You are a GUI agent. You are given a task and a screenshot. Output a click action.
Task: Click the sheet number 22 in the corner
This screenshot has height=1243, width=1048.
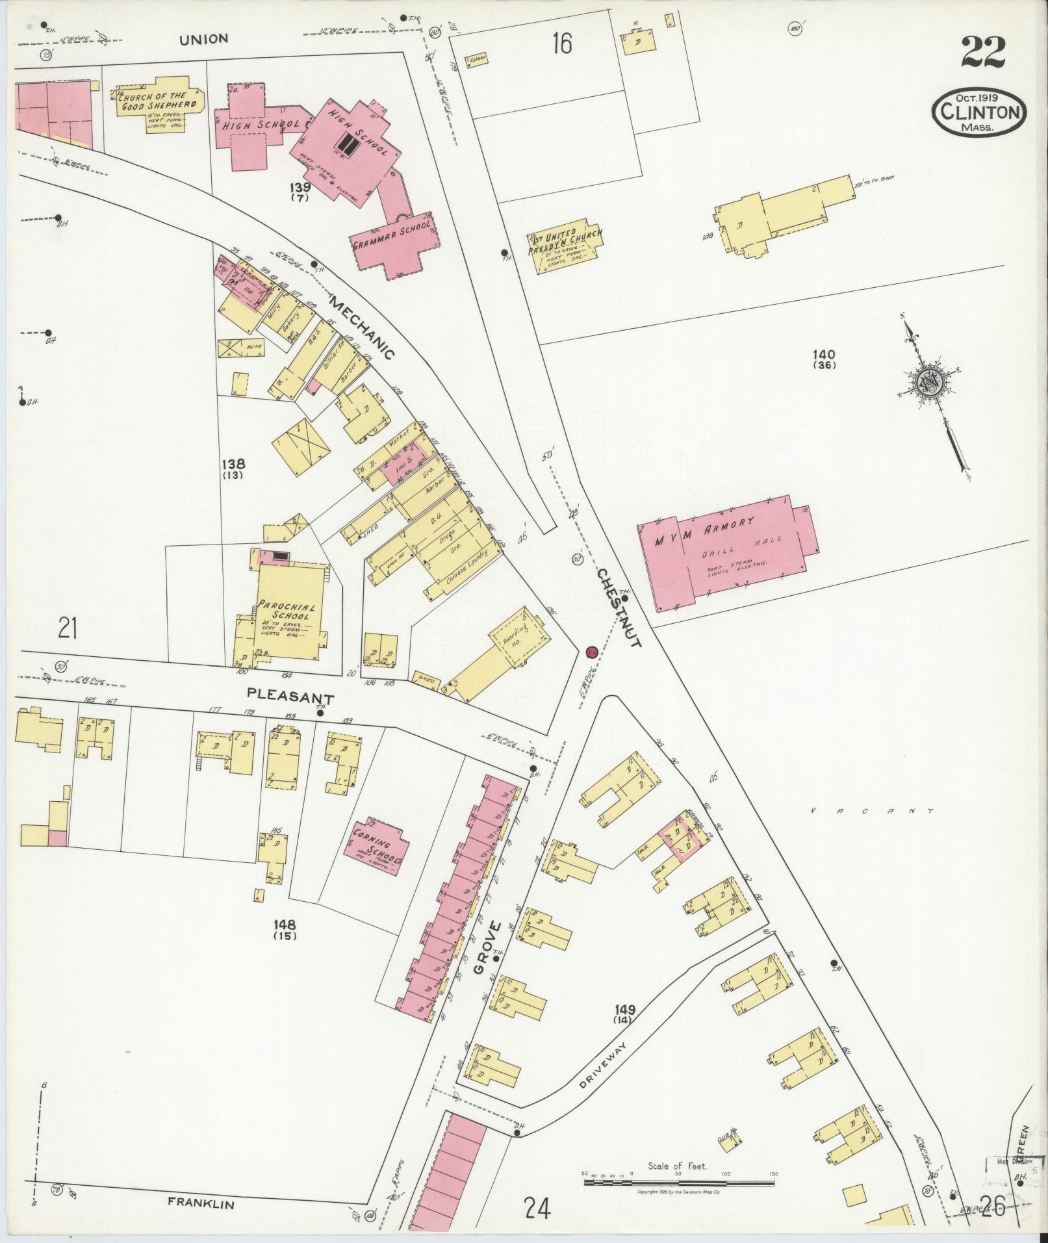click(984, 52)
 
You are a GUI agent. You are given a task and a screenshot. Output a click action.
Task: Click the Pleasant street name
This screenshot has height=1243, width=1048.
click(290, 697)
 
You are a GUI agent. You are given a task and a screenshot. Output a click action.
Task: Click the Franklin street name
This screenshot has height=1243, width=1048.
click(200, 1203)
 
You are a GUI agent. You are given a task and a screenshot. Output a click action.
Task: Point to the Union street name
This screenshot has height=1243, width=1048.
click(204, 39)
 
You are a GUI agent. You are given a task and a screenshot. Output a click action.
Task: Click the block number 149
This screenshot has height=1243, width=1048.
click(628, 1027)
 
